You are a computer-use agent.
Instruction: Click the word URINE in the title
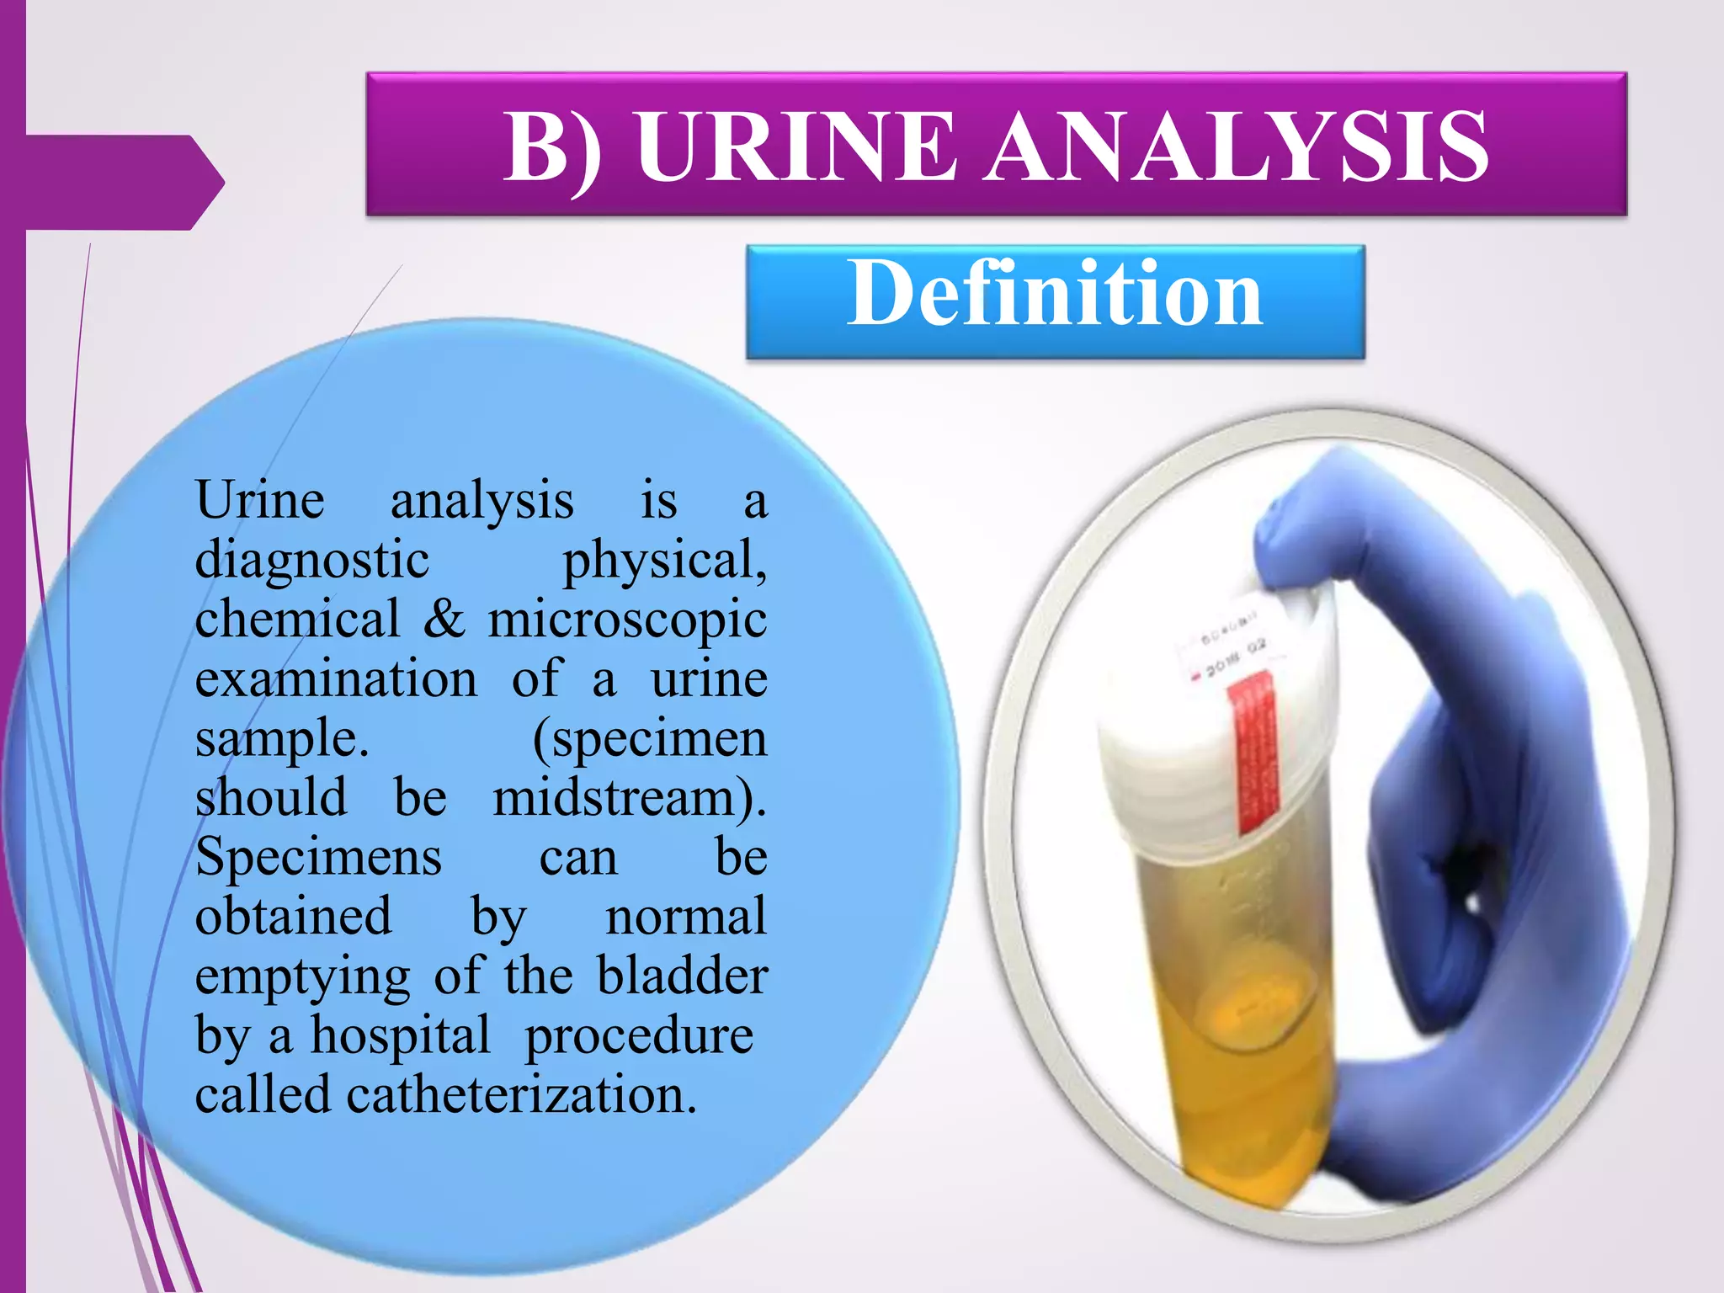[795, 147]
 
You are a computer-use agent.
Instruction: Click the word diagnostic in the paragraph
[312, 561]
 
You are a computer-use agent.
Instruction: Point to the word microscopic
[627, 620]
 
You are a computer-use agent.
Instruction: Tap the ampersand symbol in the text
[444, 619]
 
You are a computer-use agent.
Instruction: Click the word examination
[336, 679]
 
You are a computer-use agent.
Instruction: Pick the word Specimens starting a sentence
[318, 858]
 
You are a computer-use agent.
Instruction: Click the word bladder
[682, 976]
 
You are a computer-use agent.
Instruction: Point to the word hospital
[401, 1036]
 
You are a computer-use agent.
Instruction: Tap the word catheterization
[521, 1096]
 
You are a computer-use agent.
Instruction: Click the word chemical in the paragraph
[297, 620]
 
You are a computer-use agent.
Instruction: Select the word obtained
[293, 918]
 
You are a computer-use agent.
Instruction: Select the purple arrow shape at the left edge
[118, 182]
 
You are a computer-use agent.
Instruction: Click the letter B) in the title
[552, 149]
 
